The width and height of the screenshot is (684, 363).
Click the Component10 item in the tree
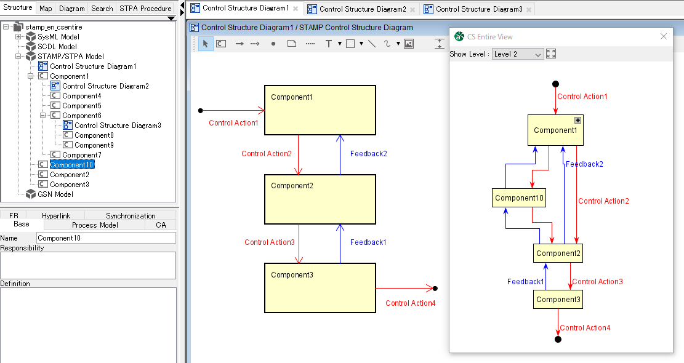[x=71, y=165]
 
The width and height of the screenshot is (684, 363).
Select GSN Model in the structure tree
[x=55, y=194]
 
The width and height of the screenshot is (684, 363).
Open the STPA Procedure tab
[x=145, y=8]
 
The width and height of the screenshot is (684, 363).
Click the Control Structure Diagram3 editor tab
[x=478, y=9]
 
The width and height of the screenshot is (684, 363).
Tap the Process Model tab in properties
[x=95, y=225]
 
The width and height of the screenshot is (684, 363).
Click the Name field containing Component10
[x=106, y=238]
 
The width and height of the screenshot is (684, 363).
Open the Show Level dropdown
[x=518, y=54]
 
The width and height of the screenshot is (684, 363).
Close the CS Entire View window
[x=664, y=36]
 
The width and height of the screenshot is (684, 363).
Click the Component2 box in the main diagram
[x=320, y=199]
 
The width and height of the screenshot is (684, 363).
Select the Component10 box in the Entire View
[x=519, y=198]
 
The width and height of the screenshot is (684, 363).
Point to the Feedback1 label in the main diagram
[x=368, y=242]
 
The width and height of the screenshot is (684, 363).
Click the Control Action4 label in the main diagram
[x=410, y=303]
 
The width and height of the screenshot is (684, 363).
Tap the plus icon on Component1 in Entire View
[x=577, y=120]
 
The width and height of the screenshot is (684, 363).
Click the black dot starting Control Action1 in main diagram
[x=201, y=111]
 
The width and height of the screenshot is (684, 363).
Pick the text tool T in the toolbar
[x=329, y=44]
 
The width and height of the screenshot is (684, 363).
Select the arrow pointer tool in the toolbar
[x=206, y=44]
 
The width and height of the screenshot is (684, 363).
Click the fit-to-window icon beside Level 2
[x=551, y=54]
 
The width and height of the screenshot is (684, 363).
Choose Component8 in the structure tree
[x=94, y=135]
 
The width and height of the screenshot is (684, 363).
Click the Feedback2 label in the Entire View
[x=584, y=164]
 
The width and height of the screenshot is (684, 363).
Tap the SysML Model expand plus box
[x=18, y=36]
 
